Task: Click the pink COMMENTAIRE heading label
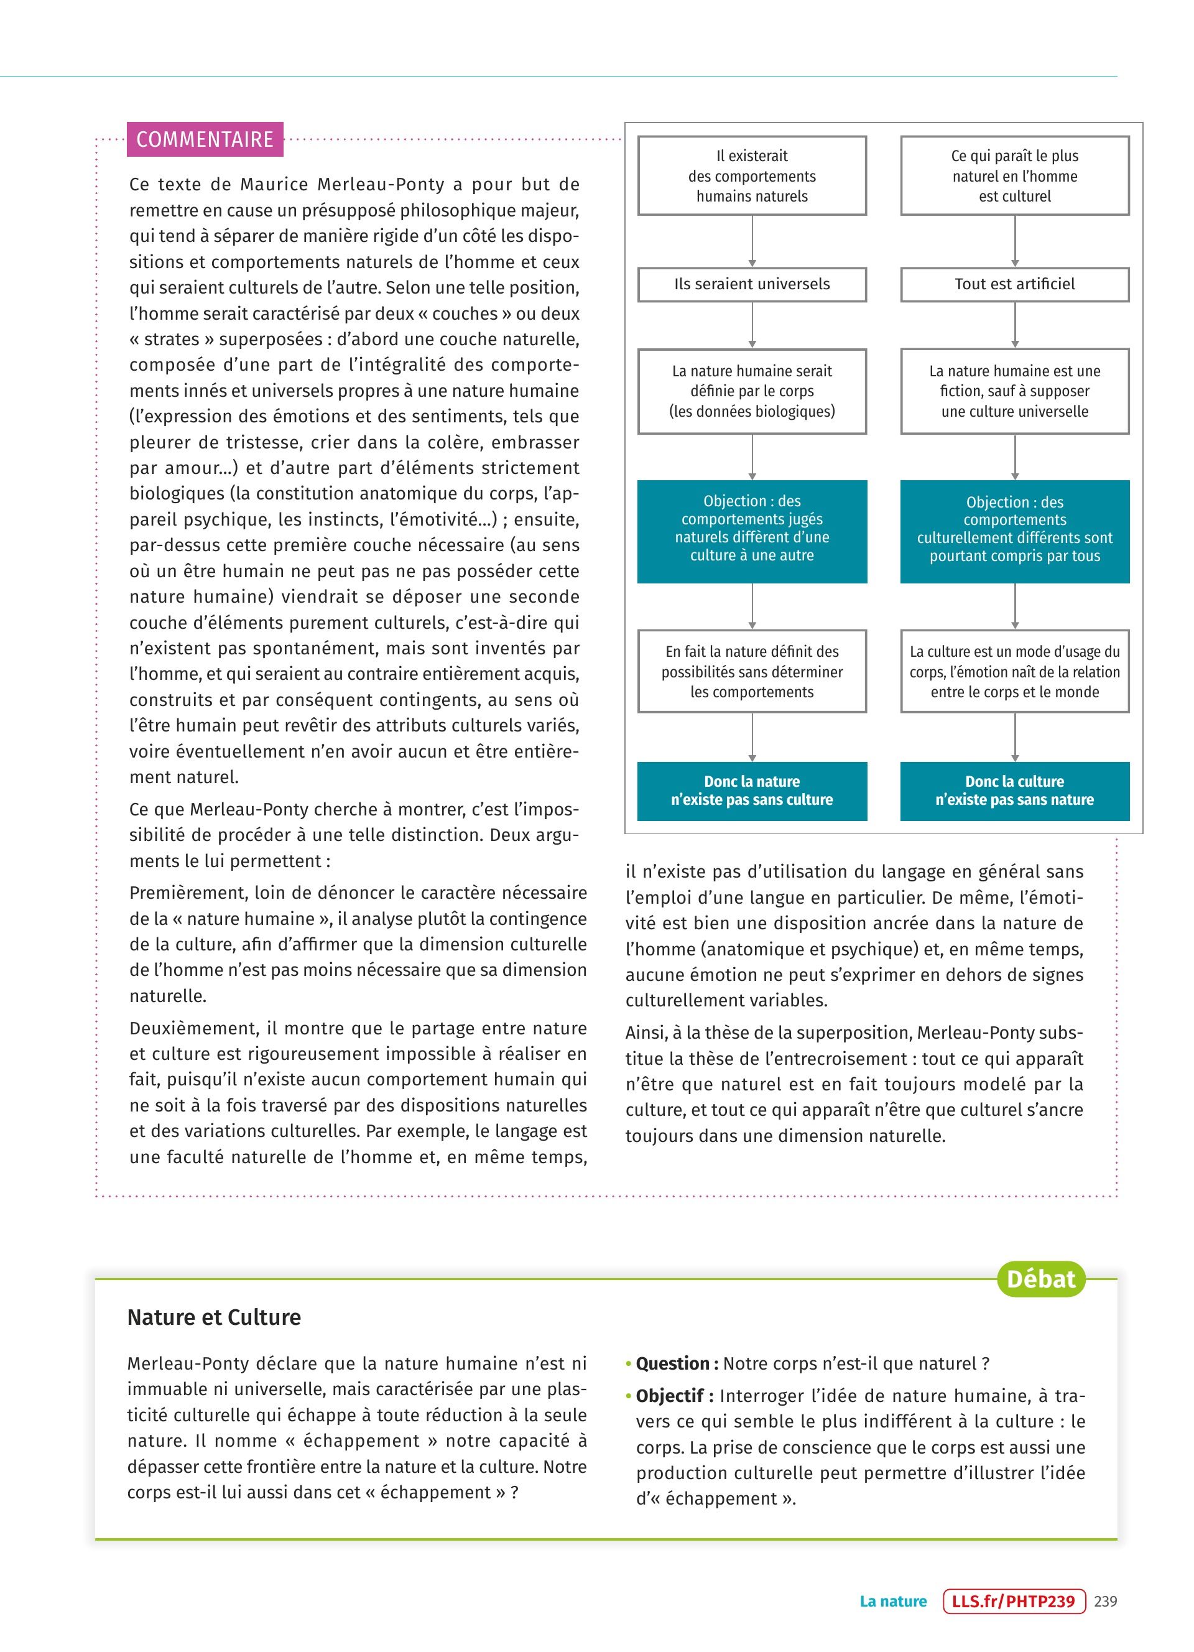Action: coord(205,139)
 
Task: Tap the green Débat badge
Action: coord(1040,1279)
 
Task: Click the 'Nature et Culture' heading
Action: coord(214,1317)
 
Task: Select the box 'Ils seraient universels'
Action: coord(752,284)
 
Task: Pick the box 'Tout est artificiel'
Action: coord(1014,284)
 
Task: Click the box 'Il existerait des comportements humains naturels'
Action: coord(752,175)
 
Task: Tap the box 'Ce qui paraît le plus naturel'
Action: coord(1014,175)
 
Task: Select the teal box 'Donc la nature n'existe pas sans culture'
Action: coord(752,791)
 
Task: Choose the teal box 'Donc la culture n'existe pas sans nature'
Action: coord(1014,791)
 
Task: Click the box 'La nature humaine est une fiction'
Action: coord(1014,391)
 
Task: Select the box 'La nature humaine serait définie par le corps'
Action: coord(752,391)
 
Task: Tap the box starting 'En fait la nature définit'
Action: coord(752,672)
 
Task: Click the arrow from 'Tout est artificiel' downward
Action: coord(1014,325)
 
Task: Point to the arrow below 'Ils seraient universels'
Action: coord(752,325)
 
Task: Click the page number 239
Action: coord(1105,1601)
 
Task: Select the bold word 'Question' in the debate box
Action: coord(673,1363)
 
